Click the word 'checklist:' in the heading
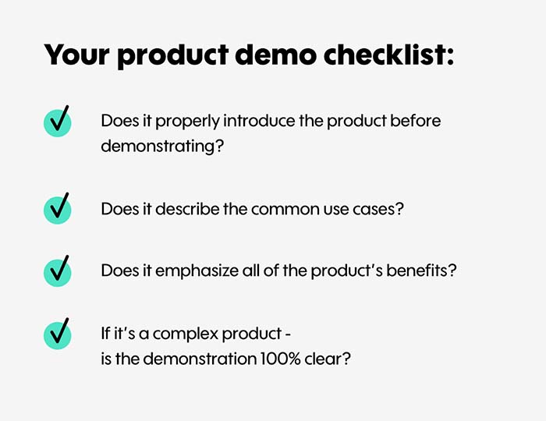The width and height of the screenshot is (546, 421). [x=389, y=55]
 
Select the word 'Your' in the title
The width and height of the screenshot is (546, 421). [x=76, y=55]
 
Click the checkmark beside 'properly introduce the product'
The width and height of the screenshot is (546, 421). [x=58, y=121]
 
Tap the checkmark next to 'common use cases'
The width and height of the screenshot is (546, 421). [x=58, y=208]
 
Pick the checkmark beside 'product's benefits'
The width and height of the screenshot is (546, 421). [x=58, y=271]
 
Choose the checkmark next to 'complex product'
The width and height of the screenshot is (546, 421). [x=58, y=334]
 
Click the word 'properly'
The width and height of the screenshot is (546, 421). [x=187, y=122]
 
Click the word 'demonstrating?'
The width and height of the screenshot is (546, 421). [x=162, y=147]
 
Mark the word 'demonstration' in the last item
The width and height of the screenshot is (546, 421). [x=200, y=359]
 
